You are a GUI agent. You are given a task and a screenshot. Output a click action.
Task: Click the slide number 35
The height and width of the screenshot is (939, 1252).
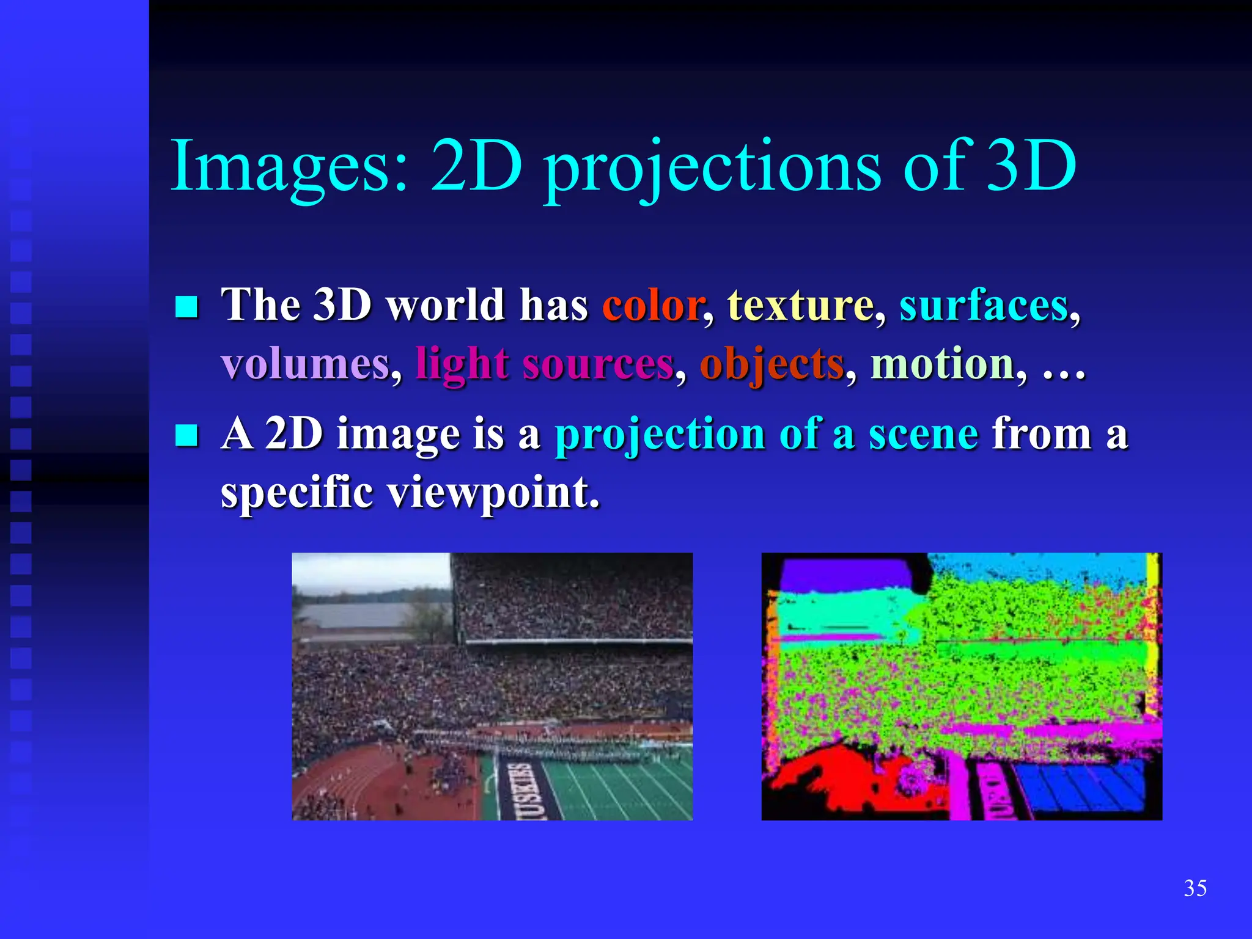pyautogui.click(x=1195, y=888)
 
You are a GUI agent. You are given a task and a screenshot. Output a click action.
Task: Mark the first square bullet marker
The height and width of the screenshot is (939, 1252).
pyautogui.click(x=186, y=307)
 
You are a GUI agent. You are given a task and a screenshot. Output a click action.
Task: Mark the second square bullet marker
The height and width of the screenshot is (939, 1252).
pyautogui.click(x=186, y=436)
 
